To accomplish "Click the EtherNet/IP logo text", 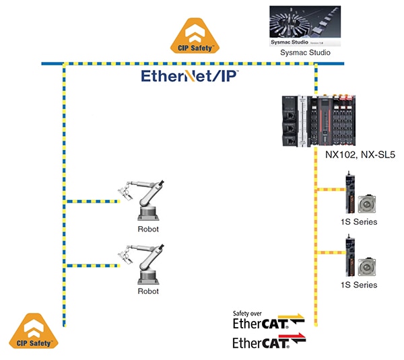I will click(x=189, y=76).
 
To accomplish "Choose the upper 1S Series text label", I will click(x=360, y=222).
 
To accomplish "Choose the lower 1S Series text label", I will click(x=360, y=285).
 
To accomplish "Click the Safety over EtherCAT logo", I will click(x=268, y=320).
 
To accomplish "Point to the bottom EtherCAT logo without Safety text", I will click(x=268, y=343).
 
